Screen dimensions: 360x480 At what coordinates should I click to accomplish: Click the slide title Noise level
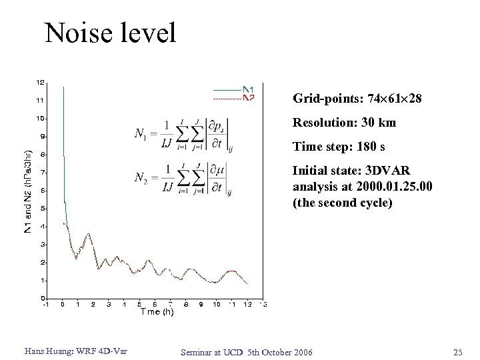(x=110, y=32)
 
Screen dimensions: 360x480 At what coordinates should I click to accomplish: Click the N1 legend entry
(x=248, y=89)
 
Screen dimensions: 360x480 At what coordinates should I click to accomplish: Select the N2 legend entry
(x=248, y=98)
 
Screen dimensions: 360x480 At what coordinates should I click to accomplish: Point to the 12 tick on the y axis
(x=41, y=83)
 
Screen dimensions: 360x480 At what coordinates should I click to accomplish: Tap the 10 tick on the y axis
(x=41, y=119)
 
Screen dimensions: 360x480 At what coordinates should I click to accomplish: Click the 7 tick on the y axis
(x=43, y=173)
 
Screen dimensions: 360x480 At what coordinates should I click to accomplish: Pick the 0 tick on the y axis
(x=43, y=298)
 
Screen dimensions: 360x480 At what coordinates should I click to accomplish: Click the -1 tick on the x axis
(x=46, y=305)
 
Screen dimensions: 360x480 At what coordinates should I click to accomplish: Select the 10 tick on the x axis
(x=216, y=305)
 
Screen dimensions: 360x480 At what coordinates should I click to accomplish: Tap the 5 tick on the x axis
(x=139, y=305)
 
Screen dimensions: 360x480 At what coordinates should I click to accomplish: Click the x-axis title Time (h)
(x=157, y=313)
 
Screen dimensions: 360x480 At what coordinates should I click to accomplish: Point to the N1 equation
(x=183, y=136)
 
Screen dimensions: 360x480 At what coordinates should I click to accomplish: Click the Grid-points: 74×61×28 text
(x=357, y=99)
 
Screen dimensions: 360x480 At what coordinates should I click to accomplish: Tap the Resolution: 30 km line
(x=344, y=123)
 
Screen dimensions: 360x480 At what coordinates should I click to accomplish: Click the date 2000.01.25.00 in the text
(x=393, y=187)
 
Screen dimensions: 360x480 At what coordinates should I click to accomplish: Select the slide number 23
(x=457, y=351)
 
